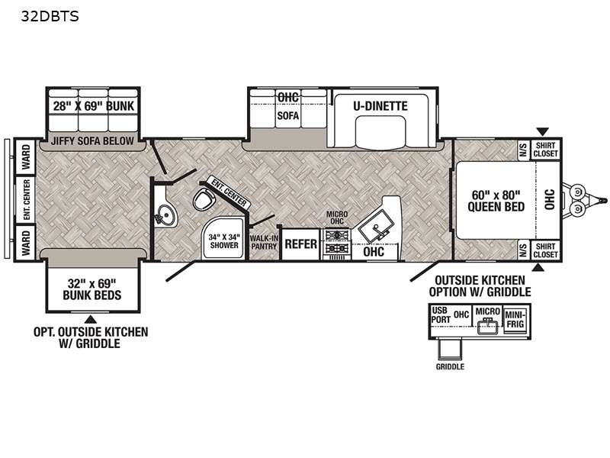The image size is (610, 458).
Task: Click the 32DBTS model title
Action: pyautogui.click(x=50, y=16)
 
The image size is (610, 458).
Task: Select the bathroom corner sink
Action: pyautogui.click(x=165, y=214)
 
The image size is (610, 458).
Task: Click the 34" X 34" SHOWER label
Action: pyautogui.click(x=224, y=241)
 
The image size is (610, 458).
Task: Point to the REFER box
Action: pyautogui.click(x=300, y=244)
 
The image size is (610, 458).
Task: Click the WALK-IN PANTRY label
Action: pyautogui.click(x=264, y=242)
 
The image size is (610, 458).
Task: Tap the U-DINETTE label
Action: pyautogui.click(x=380, y=106)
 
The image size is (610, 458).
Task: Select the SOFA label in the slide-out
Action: pyautogui.click(x=288, y=116)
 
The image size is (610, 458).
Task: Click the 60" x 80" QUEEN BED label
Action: pyautogui.click(x=496, y=201)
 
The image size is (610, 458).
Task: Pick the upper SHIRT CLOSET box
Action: pyautogui.click(x=545, y=150)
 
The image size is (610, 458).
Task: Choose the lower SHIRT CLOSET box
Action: pyautogui.click(x=545, y=250)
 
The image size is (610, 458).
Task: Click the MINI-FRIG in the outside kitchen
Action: pyautogui.click(x=515, y=319)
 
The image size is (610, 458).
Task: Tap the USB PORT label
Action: pyautogui.click(x=441, y=314)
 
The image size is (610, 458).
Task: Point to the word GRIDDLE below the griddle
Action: pyautogui.click(x=450, y=366)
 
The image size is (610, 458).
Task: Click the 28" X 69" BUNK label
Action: pyautogui.click(x=93, y=106)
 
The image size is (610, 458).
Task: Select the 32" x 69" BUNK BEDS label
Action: pyautogui.click(x=92, y=289)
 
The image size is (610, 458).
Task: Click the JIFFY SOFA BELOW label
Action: pyautogui.click(x=92, y=140)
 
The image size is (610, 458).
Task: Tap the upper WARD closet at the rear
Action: pyautogui.click(x=25, y=156)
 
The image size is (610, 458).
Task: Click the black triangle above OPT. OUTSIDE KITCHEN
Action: pyautogui.click(x=91, y=319)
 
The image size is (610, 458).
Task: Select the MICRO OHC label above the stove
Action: pyautogui.click(x=337, y=218)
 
